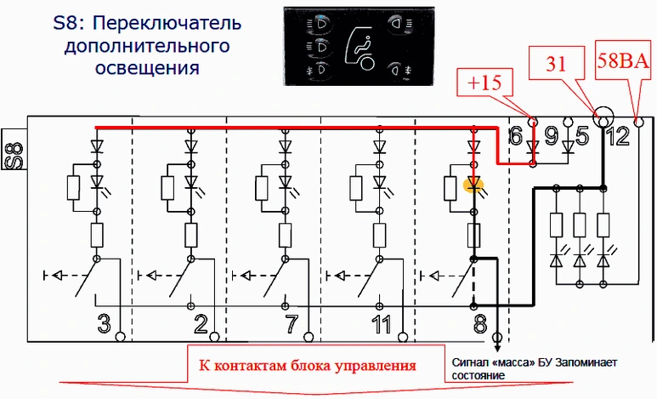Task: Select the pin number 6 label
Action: pos(516,134)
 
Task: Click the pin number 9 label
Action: pos(551,134)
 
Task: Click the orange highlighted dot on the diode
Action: pos(473,183)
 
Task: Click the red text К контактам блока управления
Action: pos(308,366)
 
